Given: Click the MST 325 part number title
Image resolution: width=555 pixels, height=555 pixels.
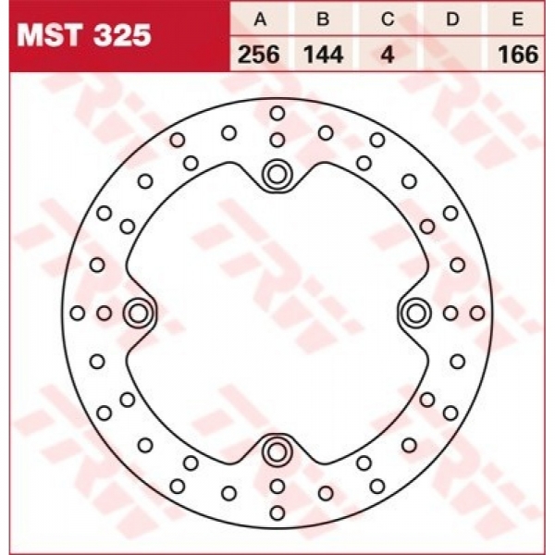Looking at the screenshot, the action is [84, 35].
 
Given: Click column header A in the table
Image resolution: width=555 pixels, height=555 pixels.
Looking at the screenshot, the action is [260, 18].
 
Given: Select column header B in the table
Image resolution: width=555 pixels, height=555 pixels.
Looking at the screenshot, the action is [323, 18].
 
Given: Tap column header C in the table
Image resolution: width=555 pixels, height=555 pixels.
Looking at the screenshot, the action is [388, 18].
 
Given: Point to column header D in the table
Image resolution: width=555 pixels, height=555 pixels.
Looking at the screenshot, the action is [452, 18].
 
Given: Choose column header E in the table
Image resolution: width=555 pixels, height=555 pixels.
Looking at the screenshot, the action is [517, 18].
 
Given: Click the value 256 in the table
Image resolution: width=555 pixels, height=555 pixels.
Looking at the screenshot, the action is [259, 55].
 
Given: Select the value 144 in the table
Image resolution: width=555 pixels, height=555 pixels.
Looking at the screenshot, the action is [324, 55].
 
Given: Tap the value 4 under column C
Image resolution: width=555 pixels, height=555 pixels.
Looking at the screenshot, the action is [388, 55].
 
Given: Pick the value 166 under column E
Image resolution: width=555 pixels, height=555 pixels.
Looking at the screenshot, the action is [518, 55].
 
